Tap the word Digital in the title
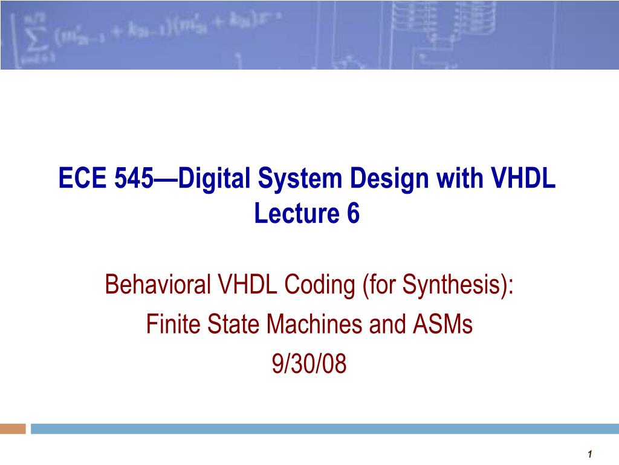point(208,180)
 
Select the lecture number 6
point(353,213)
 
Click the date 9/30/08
point(309,365)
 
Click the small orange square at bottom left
point(13,429)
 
